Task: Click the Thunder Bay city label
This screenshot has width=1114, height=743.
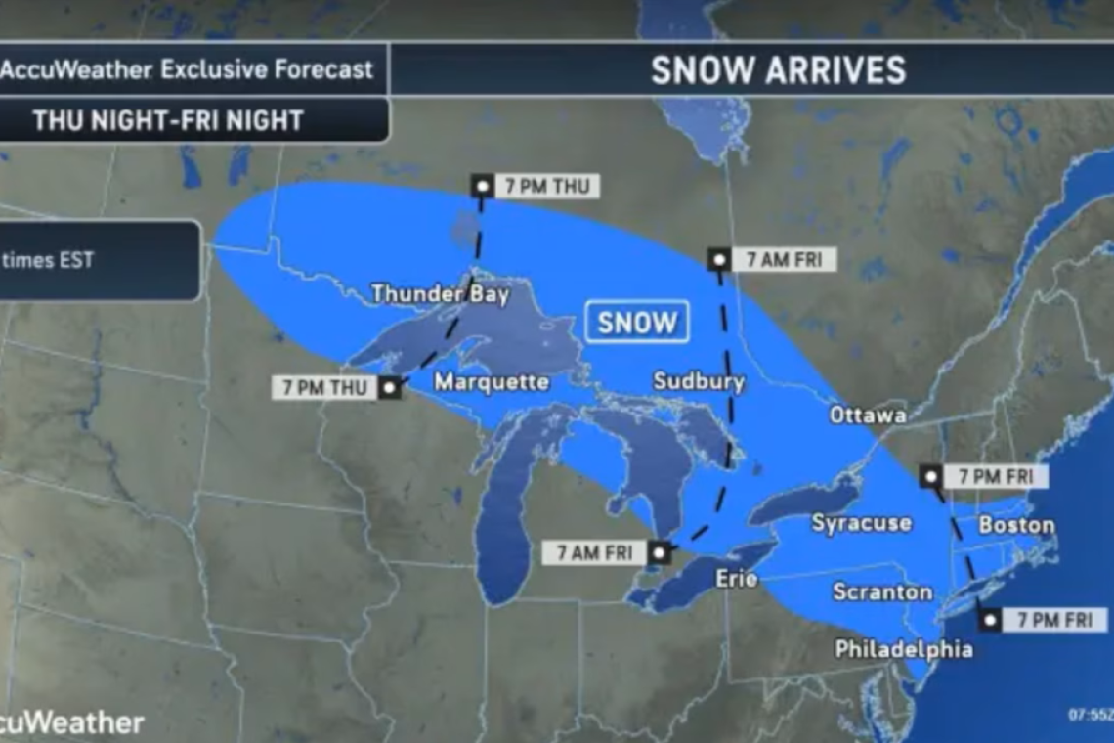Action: coord(440,294)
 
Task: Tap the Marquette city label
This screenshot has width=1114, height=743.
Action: coord(492,382)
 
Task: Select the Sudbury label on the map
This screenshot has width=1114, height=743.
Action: coord(698,381)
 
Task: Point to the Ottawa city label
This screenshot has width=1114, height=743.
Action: coord(868,415)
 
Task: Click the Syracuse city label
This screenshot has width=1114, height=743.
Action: coord(861,524)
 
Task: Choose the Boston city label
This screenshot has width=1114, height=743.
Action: coord(1016,526)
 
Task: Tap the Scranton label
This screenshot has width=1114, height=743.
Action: coord(882,592)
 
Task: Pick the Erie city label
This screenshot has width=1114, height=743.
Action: coord(737,579)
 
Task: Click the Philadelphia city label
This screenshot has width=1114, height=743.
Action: coord(903,649)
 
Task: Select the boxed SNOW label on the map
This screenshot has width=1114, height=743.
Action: coord(636,323)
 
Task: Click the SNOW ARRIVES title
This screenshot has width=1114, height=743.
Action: coord(778,70)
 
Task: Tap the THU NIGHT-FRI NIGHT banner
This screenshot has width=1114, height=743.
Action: coord(168,120)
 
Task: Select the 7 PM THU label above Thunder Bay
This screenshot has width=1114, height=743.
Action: coord(546,186)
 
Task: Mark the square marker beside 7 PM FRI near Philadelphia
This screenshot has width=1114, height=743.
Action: coord(990,620)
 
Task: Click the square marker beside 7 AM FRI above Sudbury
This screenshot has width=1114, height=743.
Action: coord(719,260)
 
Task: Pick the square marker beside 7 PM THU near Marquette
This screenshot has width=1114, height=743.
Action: coord(390,388)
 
